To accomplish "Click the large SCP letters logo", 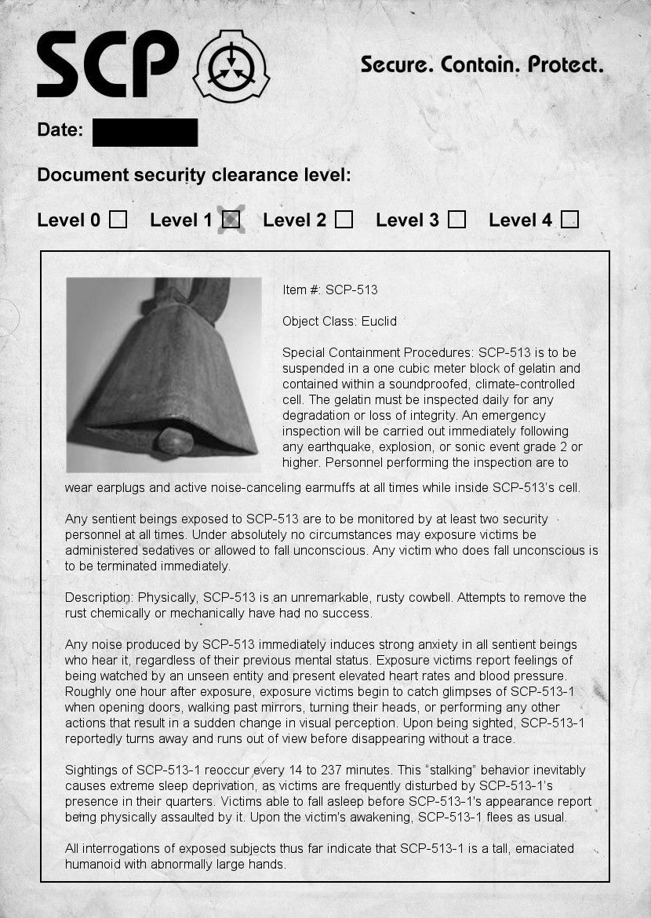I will tap(107, 64).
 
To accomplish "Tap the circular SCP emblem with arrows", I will tap(231, 66).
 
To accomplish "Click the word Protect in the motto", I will tap(565, 64).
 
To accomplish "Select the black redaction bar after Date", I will tap(145, 133).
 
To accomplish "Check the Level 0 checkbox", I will tap(118, 220).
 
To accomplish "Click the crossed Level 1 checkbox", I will tap(231, 220).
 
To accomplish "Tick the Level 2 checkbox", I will tap(344, 220).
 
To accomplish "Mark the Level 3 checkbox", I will tap(456, 220).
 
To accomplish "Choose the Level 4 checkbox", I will tap(570, 220).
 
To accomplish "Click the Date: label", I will tap(60, 130).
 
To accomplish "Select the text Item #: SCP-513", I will tap(329, 290).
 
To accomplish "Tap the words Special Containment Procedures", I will tap(377, 352).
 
